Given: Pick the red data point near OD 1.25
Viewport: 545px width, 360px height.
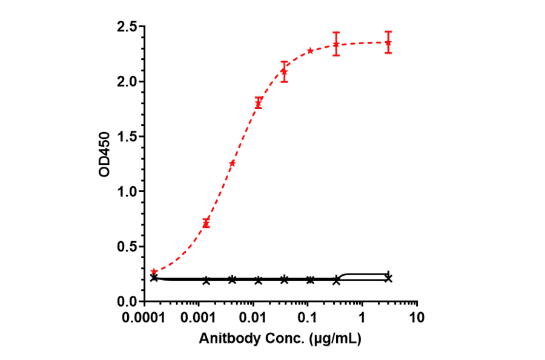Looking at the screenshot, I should pos(232,163).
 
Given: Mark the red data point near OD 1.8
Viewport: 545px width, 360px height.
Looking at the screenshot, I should pos(259,103).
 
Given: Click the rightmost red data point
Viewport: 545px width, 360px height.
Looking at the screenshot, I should pos(388,42).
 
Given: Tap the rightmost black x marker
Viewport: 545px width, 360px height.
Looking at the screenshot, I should pos(388,278).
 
